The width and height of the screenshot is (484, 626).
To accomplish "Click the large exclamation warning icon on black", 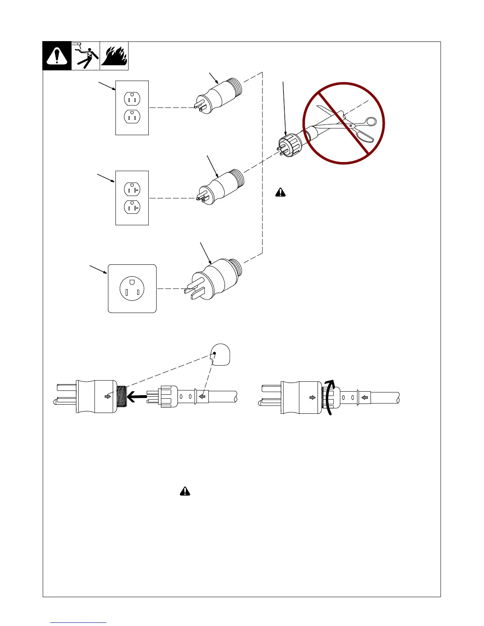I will pyautogui.click(x=57, y=56).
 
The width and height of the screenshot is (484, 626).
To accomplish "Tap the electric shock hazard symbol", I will pyautogui.click(x=86, y=56).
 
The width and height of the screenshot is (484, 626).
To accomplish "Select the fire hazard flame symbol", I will pyautogui.click(x=114, y=56).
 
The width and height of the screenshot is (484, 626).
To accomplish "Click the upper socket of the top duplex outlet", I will pyautogui.click(x=132, y=99).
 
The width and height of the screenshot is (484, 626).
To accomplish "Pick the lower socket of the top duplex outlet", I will pyautogui.click(x=132, y=117).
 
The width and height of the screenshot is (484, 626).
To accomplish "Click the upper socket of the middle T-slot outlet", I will pyautogui.click(x=132, y=189).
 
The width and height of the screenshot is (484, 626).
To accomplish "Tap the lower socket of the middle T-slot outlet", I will pyautogui.click(x=132, y=207).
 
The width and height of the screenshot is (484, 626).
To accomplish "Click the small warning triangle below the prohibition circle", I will pyautogui.click(x=280, y=192).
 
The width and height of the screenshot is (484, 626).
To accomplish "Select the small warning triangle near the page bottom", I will pyautogui.click(x=185, y=491).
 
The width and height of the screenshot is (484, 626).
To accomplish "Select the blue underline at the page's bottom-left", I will pyautogui.click(x=78, y=622).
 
